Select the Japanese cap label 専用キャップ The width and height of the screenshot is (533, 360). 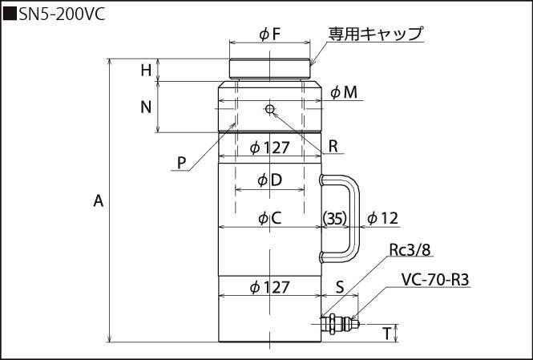point(375,34)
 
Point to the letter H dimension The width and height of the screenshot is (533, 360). point(145,71)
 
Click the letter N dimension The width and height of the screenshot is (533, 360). point(145,107)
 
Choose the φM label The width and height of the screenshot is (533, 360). point(344,92)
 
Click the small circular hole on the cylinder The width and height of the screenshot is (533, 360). point(270,108)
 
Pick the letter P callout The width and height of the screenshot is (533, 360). point(183,162)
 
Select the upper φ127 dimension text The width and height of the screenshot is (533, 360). point(269,148)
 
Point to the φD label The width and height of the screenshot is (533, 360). point(269,180)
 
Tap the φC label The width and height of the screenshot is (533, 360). point(269,217)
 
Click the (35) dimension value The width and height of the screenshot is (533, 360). point(333,217)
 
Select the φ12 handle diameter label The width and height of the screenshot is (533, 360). point(382,217)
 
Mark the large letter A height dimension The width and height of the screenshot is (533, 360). point(99,200)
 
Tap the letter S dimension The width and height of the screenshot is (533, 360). point(339,286)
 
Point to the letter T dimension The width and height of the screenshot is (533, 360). point(387,332)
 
